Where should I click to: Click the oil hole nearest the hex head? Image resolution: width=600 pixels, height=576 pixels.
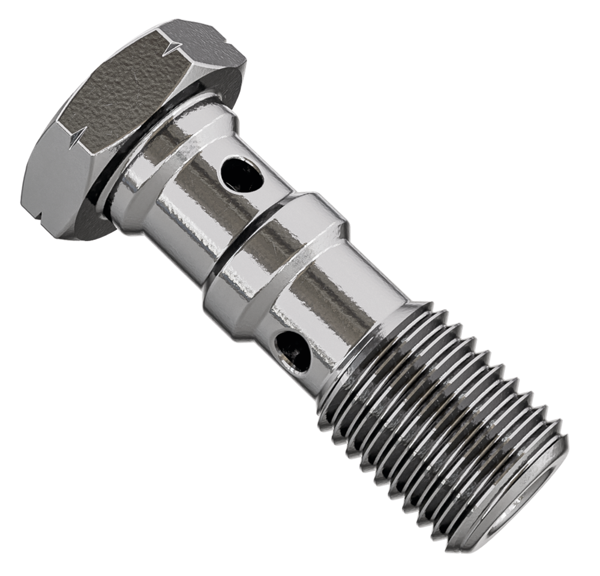tap(241, 174)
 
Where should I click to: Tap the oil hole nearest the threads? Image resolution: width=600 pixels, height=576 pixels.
tap(293, 350)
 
